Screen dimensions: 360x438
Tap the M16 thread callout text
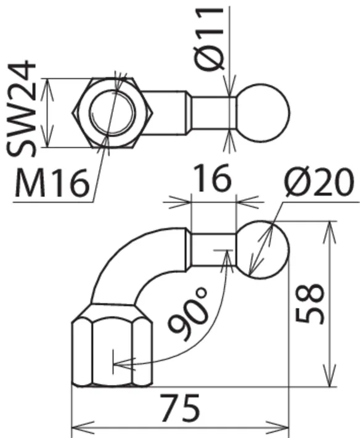click(x=52, y=183)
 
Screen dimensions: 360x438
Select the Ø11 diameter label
click(x=209, y=39)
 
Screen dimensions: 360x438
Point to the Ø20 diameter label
click(x=319, y=182)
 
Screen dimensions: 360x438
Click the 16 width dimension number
click(x=213, y=178)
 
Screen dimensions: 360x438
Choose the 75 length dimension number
click(x=180, y=408)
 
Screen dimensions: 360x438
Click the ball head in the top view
click(x=263, y=113)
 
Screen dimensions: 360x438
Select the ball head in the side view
click(x=263, y=249)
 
